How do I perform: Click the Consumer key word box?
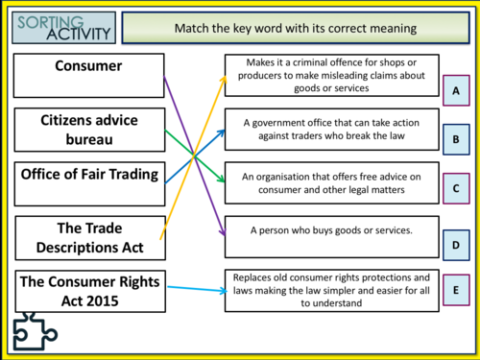point(88,76)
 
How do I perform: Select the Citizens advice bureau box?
point(88,131)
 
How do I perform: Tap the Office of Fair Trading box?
point(88,185)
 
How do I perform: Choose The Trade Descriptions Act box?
point(88,239)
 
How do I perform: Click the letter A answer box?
point(456,91)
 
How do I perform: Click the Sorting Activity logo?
point(63,27)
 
